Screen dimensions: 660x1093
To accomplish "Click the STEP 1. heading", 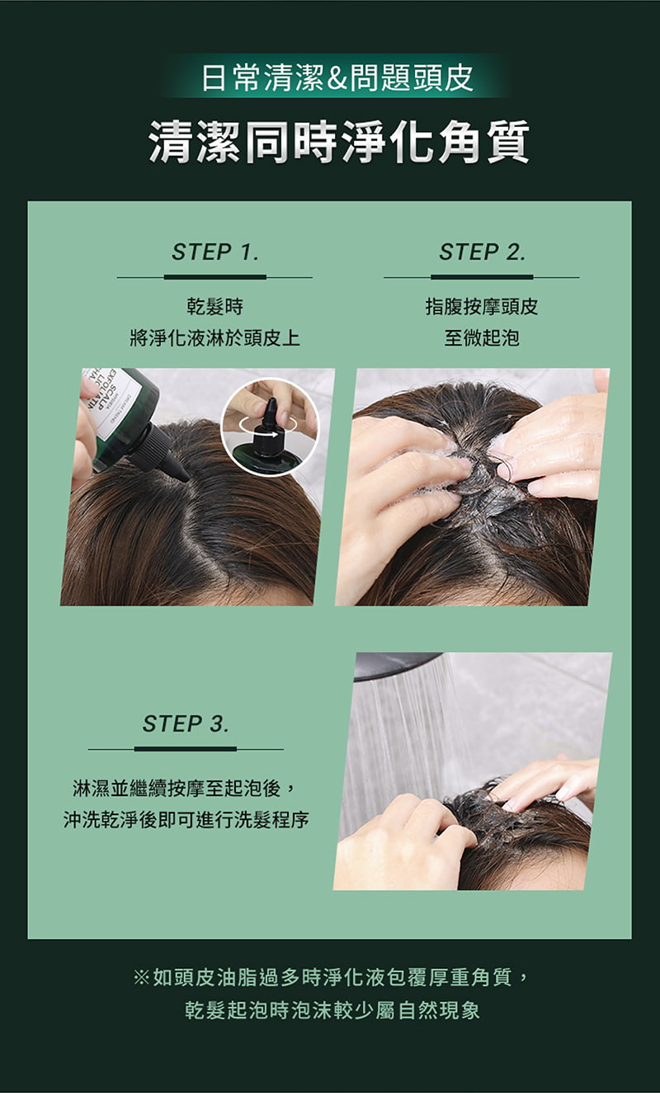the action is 214,252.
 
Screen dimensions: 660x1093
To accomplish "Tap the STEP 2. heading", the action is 482,252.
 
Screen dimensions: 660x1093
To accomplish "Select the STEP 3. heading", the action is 186,723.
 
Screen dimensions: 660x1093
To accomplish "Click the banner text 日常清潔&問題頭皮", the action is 337,78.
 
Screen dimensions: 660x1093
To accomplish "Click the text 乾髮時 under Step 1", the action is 214,307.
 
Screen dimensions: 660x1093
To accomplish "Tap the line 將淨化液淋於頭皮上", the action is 214,337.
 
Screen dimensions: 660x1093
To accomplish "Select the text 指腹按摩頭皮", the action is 482,307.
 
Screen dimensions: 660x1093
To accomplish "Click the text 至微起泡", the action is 482,337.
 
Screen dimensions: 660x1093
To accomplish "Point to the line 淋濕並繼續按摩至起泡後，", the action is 184,788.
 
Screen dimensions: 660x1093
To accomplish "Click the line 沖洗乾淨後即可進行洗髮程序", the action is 186,820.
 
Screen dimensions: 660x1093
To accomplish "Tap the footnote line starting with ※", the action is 332,978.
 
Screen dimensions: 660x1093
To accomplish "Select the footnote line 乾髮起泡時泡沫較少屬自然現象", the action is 332,1010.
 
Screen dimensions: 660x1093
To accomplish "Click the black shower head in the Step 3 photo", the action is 396,666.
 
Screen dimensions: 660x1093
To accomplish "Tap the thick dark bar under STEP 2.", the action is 482,277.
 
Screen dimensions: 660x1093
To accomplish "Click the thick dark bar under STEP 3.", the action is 186,748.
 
